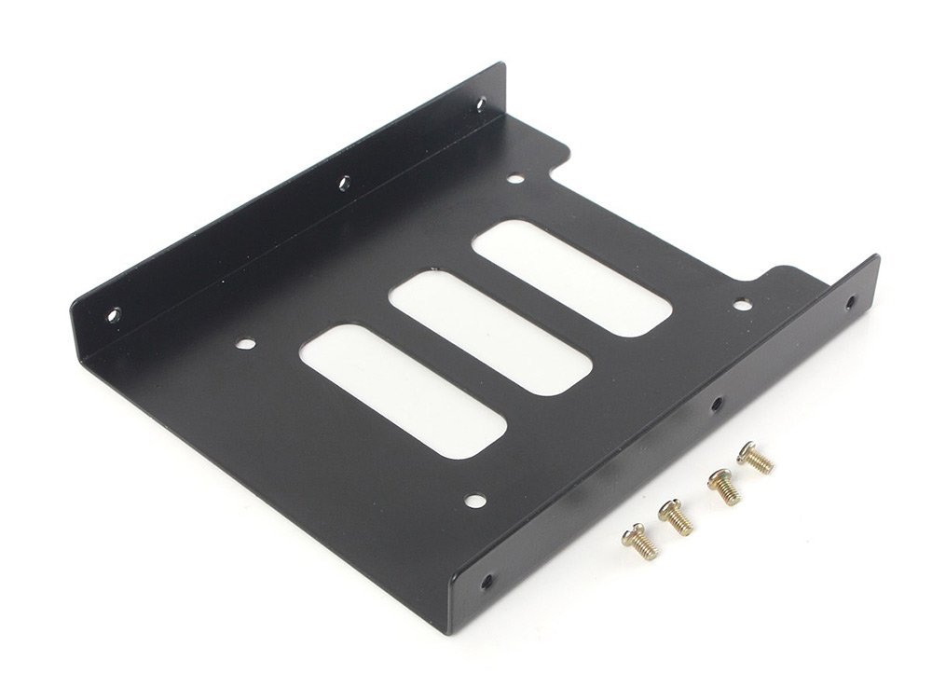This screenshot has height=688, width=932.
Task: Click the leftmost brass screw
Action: (x=640, y=541)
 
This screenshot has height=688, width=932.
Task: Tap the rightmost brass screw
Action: (x=755, y=459)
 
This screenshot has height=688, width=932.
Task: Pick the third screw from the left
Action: (x=723, y=487)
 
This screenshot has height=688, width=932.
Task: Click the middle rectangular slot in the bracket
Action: (x=490, y=332)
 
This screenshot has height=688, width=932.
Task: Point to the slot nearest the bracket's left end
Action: (x=405, y=392)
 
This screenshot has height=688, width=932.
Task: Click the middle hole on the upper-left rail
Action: (x=343, y=182)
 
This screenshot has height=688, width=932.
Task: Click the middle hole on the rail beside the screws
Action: (x=716, y=405)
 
